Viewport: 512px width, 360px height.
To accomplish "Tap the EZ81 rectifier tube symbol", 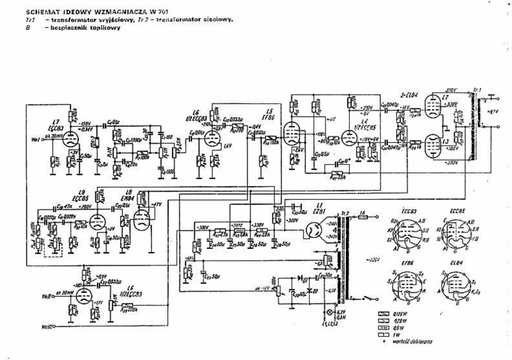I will pyautogui.click(x=314, y=230).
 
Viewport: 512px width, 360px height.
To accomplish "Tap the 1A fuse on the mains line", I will pyautogui.click(x=362, y=217).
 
